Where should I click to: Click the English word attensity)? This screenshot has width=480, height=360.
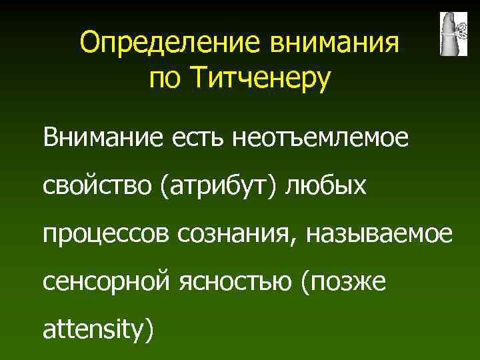click(x=98, y=330)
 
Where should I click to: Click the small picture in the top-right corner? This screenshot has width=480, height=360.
click(x=453, y=33)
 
